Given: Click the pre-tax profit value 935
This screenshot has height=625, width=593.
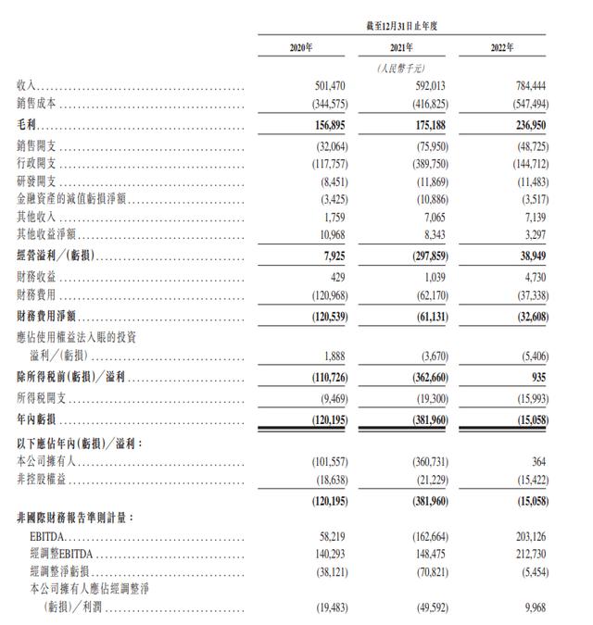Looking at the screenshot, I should pos(535,378).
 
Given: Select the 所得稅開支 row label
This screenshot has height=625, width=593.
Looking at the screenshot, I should pos(43,397).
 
